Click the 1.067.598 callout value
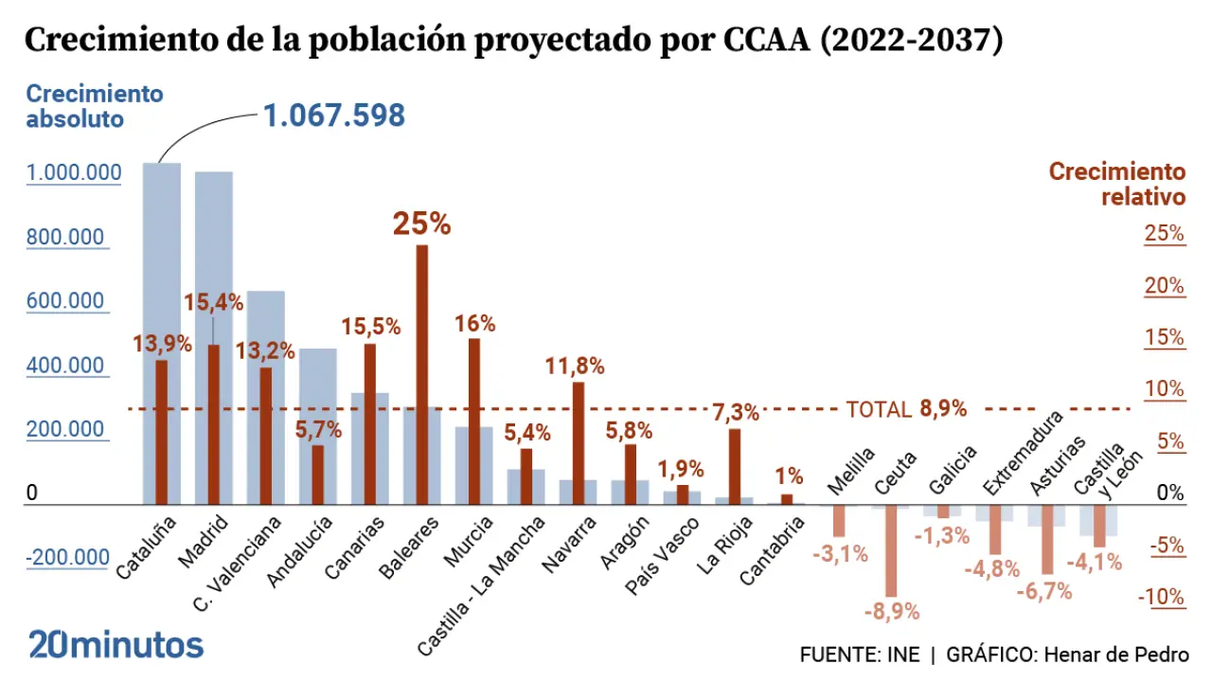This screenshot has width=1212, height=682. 333,116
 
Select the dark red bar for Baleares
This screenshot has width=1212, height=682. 421,374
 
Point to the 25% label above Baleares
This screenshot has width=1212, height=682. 421,224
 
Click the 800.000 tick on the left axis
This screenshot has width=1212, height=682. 65,237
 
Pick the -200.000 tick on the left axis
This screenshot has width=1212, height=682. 67,558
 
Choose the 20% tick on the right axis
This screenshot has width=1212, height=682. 1164,286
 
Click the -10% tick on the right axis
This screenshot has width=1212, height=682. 1162,598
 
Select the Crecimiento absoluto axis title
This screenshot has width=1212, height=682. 94,106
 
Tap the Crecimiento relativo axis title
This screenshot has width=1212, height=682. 1116,184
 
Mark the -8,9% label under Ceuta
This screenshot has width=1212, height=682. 891,611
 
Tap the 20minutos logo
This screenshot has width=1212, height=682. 116,645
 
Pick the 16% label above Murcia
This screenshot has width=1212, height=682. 474,323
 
